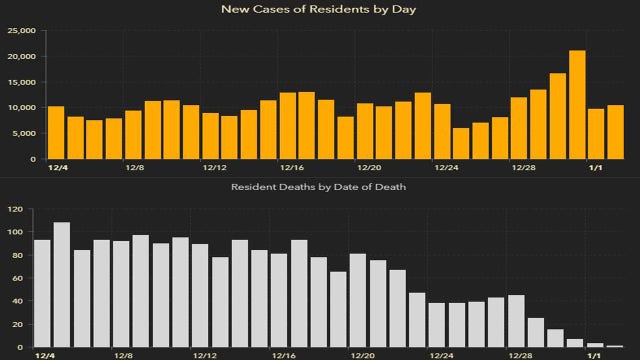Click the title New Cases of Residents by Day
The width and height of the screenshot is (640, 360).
pos(320,10)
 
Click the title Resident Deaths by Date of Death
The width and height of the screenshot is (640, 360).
pos(320,187)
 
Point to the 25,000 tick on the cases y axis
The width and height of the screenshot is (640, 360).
pos(19,30)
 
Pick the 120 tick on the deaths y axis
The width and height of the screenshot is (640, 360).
pos(15,209)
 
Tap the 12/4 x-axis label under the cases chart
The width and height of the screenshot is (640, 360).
pos(57,169)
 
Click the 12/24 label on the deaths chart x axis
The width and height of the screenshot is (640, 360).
pos(438,356)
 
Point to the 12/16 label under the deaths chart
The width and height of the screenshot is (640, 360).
pos(282,356)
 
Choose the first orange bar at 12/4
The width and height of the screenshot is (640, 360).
pos(56,133)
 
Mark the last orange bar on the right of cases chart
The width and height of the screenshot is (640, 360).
pos(616,132)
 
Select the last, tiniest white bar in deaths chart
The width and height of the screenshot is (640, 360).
pos(615,346)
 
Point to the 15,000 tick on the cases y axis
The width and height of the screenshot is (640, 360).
pos(19,82)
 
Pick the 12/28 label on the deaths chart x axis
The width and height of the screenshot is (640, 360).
pos(520,356)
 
